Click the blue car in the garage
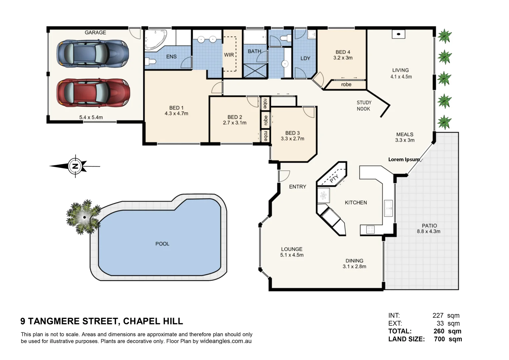tap(93, 54)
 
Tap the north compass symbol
tap(75, 166)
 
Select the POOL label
tap(162, 244)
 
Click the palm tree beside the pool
tap(83, 217)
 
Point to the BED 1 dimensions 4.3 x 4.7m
tap(176, 114)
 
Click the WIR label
tap(229, 55)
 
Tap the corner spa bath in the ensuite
tap(155, 40)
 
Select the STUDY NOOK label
tap(364, 106)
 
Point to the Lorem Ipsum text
tap(404, 159)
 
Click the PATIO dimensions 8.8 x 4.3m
tap(429, 231)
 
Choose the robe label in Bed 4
tap(346, 85)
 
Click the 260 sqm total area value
tap(447, 331)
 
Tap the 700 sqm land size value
tap(448, 339)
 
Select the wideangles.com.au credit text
tap(226, 341)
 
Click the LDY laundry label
tap(305, 58)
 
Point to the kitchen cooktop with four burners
tap(370, 229)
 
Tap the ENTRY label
tap(297, 187)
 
